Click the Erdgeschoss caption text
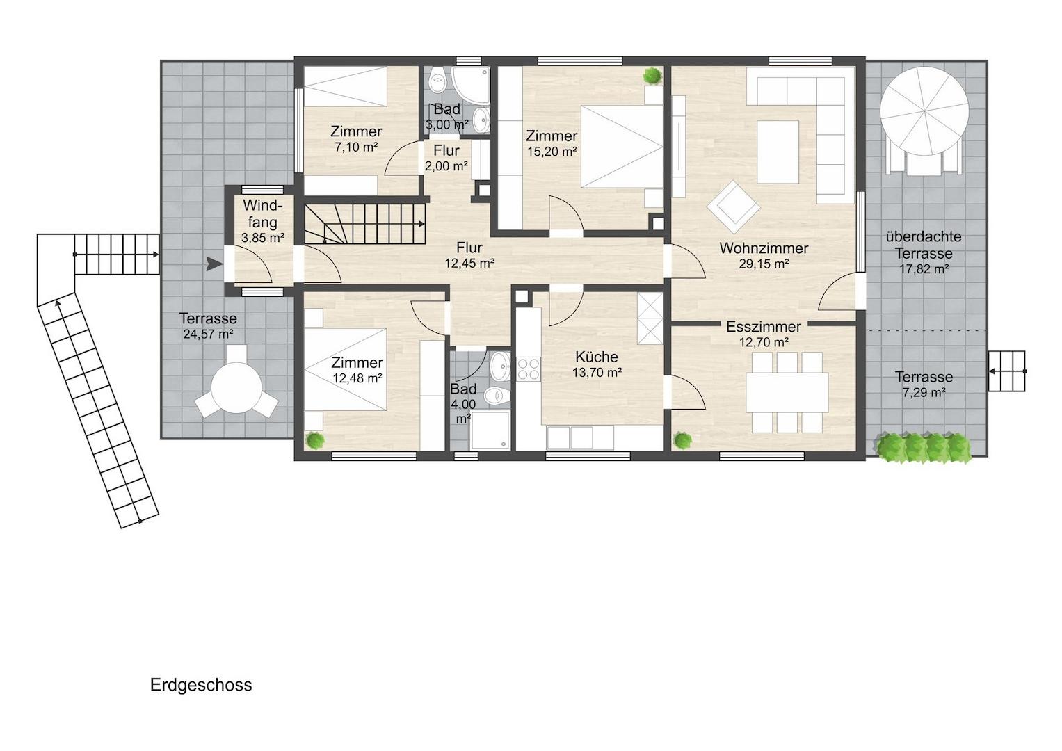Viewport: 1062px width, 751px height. coord(201,686)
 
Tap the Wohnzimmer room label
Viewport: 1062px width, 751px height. coord(764,248)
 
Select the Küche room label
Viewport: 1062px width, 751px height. coord(597,357)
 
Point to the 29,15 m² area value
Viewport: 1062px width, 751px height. coord(764,264)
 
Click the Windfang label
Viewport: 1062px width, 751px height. coord(263,213)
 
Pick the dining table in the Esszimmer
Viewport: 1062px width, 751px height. coord(787,393)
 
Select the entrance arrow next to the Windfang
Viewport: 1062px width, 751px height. coord(214,264)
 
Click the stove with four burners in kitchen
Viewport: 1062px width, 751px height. coord(528,369)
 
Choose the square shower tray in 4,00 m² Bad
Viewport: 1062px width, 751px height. coord(490,430)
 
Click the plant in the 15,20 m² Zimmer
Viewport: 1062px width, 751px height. coord(652,76)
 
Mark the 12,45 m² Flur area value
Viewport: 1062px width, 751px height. coord(470,264)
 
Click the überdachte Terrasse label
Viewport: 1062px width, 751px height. coord(924,245)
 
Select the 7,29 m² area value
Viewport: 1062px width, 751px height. coord(924,393)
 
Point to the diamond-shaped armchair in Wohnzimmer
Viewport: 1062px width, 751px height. coord(733,207)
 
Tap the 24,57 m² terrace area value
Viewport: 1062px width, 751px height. coord(208,334)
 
